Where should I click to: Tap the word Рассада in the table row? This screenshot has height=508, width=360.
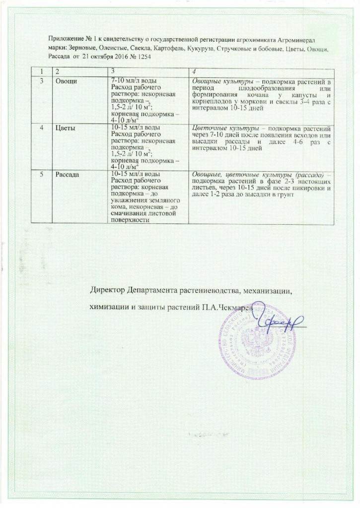pos(70,175)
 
